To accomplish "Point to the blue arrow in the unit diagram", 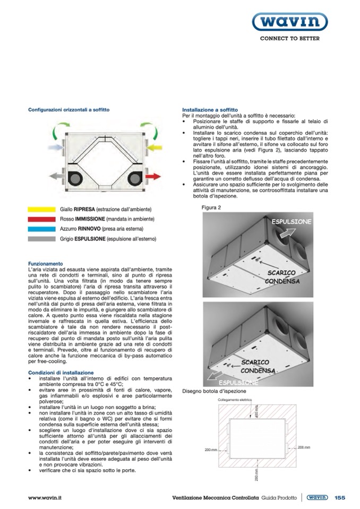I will click(55, 145).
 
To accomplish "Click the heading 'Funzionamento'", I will click(46, 264).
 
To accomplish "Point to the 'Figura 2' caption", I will click(211, 208).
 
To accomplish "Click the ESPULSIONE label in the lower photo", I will click(238, 382).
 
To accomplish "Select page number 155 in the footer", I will click(340, 497).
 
